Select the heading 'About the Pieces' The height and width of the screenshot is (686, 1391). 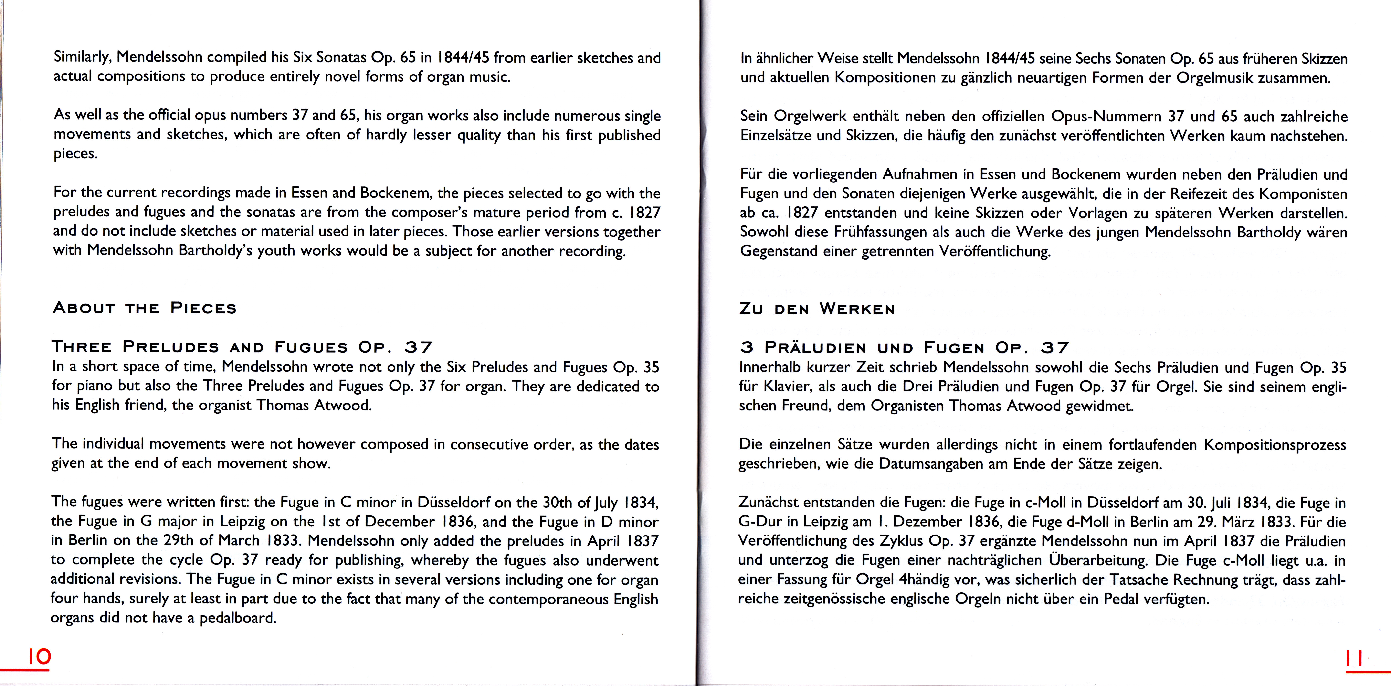click(145, 308)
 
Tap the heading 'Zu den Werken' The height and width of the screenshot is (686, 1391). click(817, 310)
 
